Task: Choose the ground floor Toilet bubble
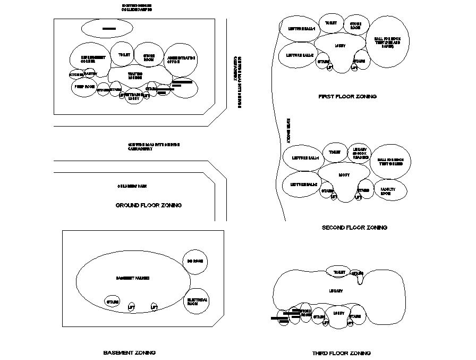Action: pos(124,54)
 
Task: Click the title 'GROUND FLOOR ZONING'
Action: pos(149,205)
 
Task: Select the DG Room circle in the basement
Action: pos(195,261)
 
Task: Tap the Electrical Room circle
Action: pos(197,302)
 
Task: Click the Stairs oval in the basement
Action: pos(113,302)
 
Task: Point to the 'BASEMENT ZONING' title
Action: pos(129,353)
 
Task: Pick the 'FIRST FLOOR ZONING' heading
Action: pos(347,97)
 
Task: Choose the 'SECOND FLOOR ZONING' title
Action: pos(354,228)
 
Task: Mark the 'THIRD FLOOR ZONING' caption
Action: pos(342,353)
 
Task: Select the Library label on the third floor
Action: pos(336,291)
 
